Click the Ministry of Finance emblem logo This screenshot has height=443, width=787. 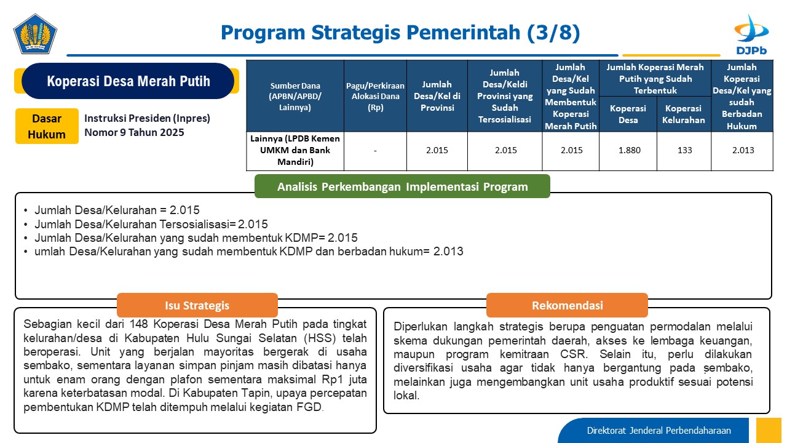coord(35,34)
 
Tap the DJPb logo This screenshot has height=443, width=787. coord(751,34)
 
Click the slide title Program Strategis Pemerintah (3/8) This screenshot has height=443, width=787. coord(400,33)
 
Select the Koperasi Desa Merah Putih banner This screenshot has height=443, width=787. coord(128,81)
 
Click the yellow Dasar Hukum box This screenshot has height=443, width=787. coord(47,126)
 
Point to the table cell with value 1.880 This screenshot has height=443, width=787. coord(629,151)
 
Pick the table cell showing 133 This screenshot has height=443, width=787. coord(684,151)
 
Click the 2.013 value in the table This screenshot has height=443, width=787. coord(743,151)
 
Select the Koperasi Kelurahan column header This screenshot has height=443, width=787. coord(684,114)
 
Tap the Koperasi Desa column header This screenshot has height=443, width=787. coord(628,114)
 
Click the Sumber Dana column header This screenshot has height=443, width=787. coord(295,97)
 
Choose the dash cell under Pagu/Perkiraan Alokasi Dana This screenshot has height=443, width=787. coord(375,151)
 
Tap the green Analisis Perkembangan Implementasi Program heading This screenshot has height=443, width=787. coord(402,186)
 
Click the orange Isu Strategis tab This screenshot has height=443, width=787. coord(197,305)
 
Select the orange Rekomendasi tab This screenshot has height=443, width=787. coord(567,305)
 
